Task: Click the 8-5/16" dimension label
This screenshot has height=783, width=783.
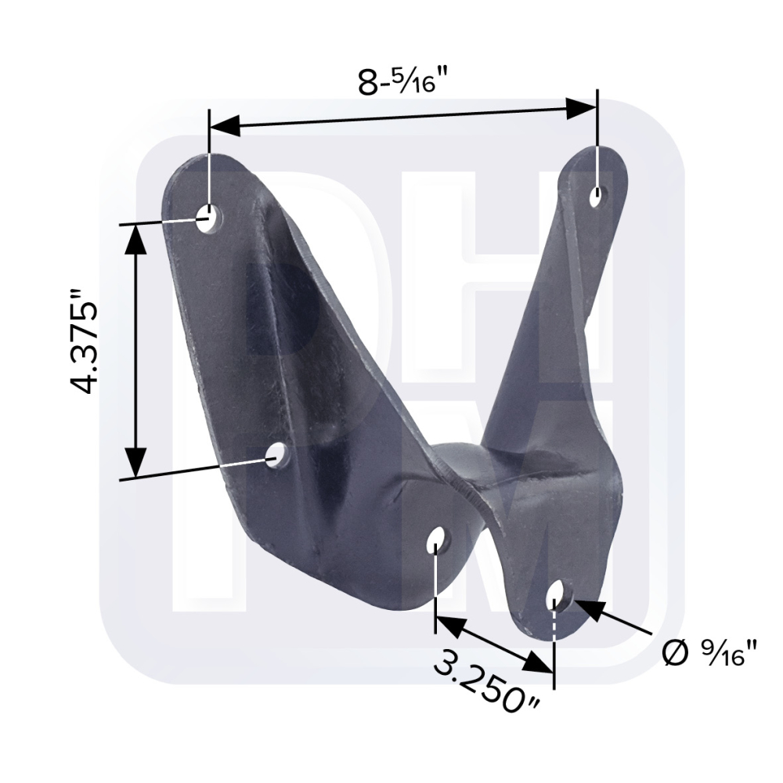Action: click(x=401, y=81)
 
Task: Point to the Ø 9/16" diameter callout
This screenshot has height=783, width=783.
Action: click(x=710, y=653)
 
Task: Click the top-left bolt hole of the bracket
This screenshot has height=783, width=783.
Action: click(x=209, y=218)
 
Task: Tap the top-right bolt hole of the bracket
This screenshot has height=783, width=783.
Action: click(x=597, y=197)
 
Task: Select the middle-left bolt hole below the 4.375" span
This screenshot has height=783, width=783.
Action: click(x=275, y=455)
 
